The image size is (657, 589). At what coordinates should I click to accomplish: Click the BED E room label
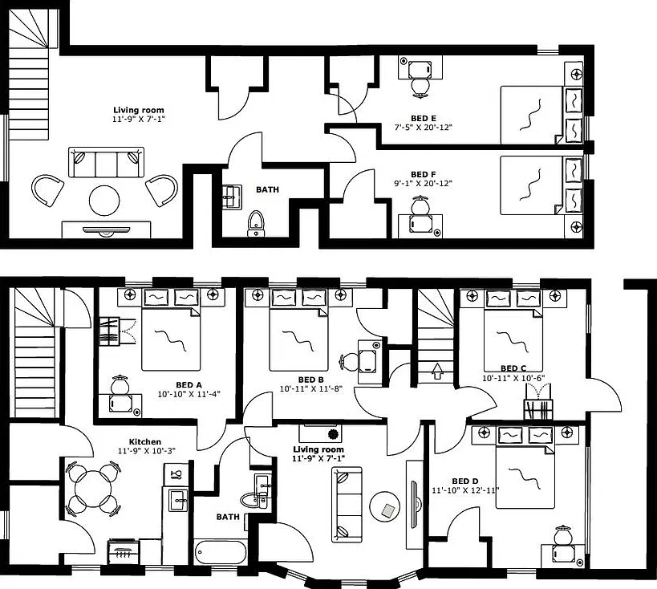(x=424, y=118)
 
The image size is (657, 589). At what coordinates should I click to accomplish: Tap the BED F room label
(x=424, y=174)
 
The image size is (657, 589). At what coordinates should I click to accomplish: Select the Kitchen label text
(x=145, y=441)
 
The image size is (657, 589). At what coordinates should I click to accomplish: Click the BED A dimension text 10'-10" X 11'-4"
(x=189, y=394)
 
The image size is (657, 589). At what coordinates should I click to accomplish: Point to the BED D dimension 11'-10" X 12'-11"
(x=465, y=489)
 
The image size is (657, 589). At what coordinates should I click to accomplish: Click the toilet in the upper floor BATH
(x=256, y=223)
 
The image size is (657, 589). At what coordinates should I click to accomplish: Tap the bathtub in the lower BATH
(x=221, y=552)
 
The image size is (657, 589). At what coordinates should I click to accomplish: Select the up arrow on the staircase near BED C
(x=437, y=371)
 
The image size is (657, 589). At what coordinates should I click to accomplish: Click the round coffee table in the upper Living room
(x=105, y=201)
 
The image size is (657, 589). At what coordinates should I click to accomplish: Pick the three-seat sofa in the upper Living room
(x=106, y=162)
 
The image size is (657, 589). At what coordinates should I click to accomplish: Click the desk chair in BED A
(x=120, y=384)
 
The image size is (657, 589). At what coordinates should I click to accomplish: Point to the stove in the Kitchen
(x=124, y=552)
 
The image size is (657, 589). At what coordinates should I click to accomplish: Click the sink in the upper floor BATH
(x=232, y=197)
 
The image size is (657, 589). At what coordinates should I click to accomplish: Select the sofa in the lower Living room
(x=347, y=504)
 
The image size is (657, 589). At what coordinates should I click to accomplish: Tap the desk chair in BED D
(x=562, y=535)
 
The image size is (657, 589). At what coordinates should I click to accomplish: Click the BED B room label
(x=311, y=380)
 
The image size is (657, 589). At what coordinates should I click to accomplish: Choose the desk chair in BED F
(x=420, y=205)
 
